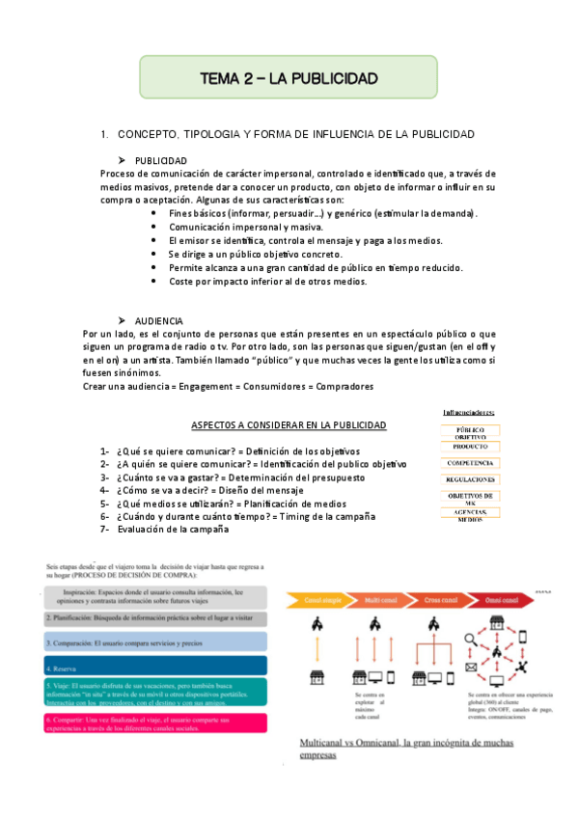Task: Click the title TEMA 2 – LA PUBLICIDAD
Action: click(x=288, y=77)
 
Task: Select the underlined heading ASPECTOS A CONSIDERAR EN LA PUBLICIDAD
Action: click(x=289, y=425)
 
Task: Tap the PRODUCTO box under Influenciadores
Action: click(x=470, y=447)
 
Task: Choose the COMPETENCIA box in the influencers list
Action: click(x=470, y=463)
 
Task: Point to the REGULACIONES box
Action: click(x=470, y=479)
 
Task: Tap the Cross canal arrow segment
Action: click(x=439, y=600)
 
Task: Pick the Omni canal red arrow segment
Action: click(x=503, y=600)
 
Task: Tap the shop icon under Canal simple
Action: click(x=316, y=677)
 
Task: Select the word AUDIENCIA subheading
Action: click(x=159, y=320)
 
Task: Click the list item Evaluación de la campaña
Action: click(x=173, y=530)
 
